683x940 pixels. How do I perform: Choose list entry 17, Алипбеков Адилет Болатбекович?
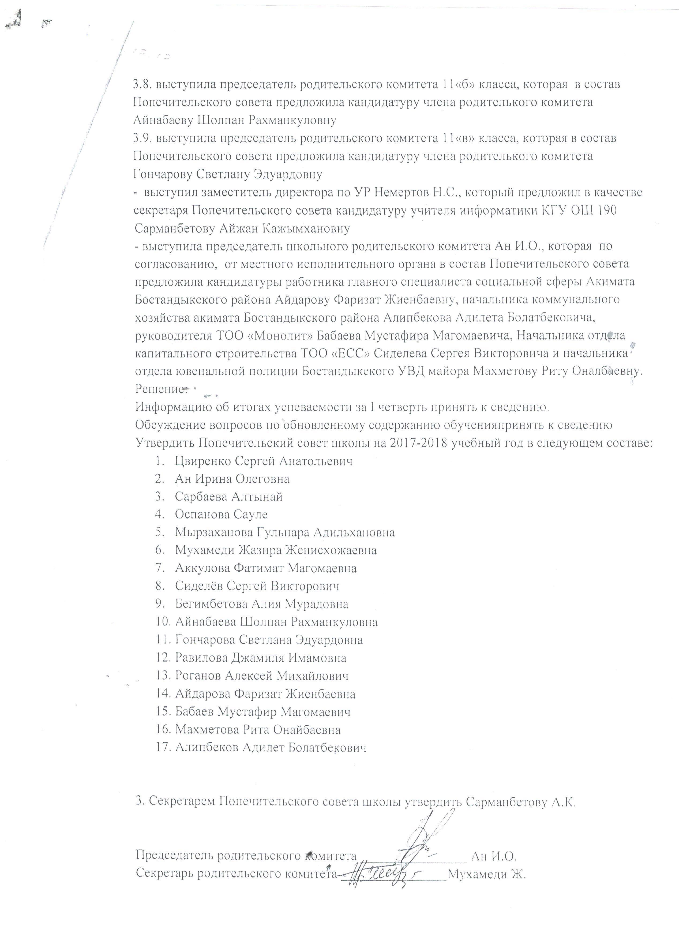click(x=271, y=747)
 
